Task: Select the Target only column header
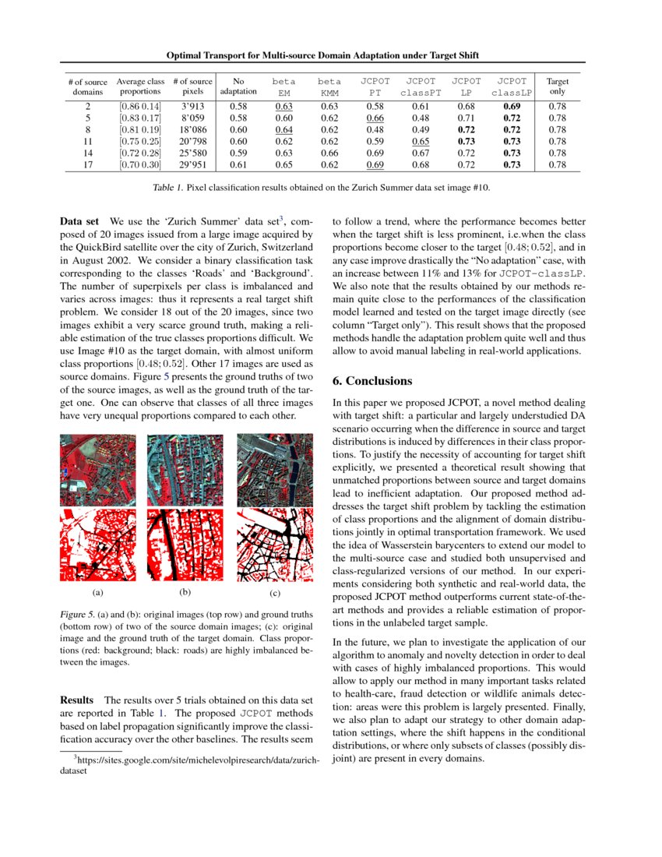coord(558,86)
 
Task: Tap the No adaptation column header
coord(238,86)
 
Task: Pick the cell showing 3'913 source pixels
coord(192,106)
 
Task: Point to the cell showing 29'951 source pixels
coord(192,165)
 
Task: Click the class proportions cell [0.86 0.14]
coord(140,106)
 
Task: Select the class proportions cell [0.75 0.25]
coord(140,142)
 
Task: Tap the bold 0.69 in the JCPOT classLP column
coord(512,106)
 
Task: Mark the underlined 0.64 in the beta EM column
coord(284,129)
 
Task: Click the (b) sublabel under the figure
coord(185,592)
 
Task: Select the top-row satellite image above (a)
coord(97,470)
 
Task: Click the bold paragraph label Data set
coord(79,221)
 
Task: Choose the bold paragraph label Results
coord(78,700)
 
